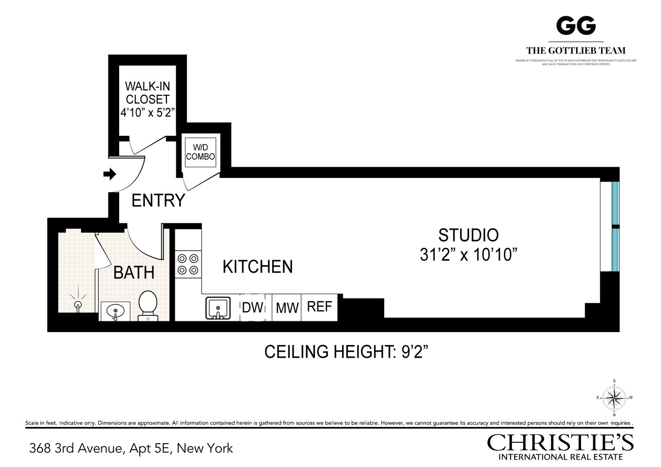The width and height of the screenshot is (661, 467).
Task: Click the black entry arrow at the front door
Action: click(109, 174)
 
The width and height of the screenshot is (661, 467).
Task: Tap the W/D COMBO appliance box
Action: click(200, 152)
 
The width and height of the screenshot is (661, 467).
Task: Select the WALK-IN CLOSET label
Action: click(147, 93)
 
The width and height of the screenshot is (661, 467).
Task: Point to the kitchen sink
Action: click(218, 308)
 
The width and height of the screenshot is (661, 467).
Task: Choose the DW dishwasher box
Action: click(252, 307)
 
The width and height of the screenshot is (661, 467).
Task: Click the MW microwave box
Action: click(287, 308)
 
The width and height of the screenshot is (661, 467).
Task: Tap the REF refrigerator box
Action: click(319, 307)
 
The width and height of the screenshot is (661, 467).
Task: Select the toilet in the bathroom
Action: click(148, 305)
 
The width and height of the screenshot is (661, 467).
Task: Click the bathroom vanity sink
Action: click(115, 311)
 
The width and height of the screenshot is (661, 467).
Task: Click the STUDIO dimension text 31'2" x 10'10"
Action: click(468, 255)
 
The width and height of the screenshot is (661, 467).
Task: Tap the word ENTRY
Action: click(158, 200)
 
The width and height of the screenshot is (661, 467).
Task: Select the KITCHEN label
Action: click(258, 267)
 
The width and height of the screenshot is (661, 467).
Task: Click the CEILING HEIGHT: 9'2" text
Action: click(346, 352)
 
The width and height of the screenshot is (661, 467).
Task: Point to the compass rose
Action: click(614, 398)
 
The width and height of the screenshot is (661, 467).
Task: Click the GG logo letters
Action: click(575, 26)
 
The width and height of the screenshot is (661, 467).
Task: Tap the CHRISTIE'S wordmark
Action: click(560, 443)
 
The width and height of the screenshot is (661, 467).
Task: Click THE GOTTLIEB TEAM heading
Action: click(575, 50)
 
